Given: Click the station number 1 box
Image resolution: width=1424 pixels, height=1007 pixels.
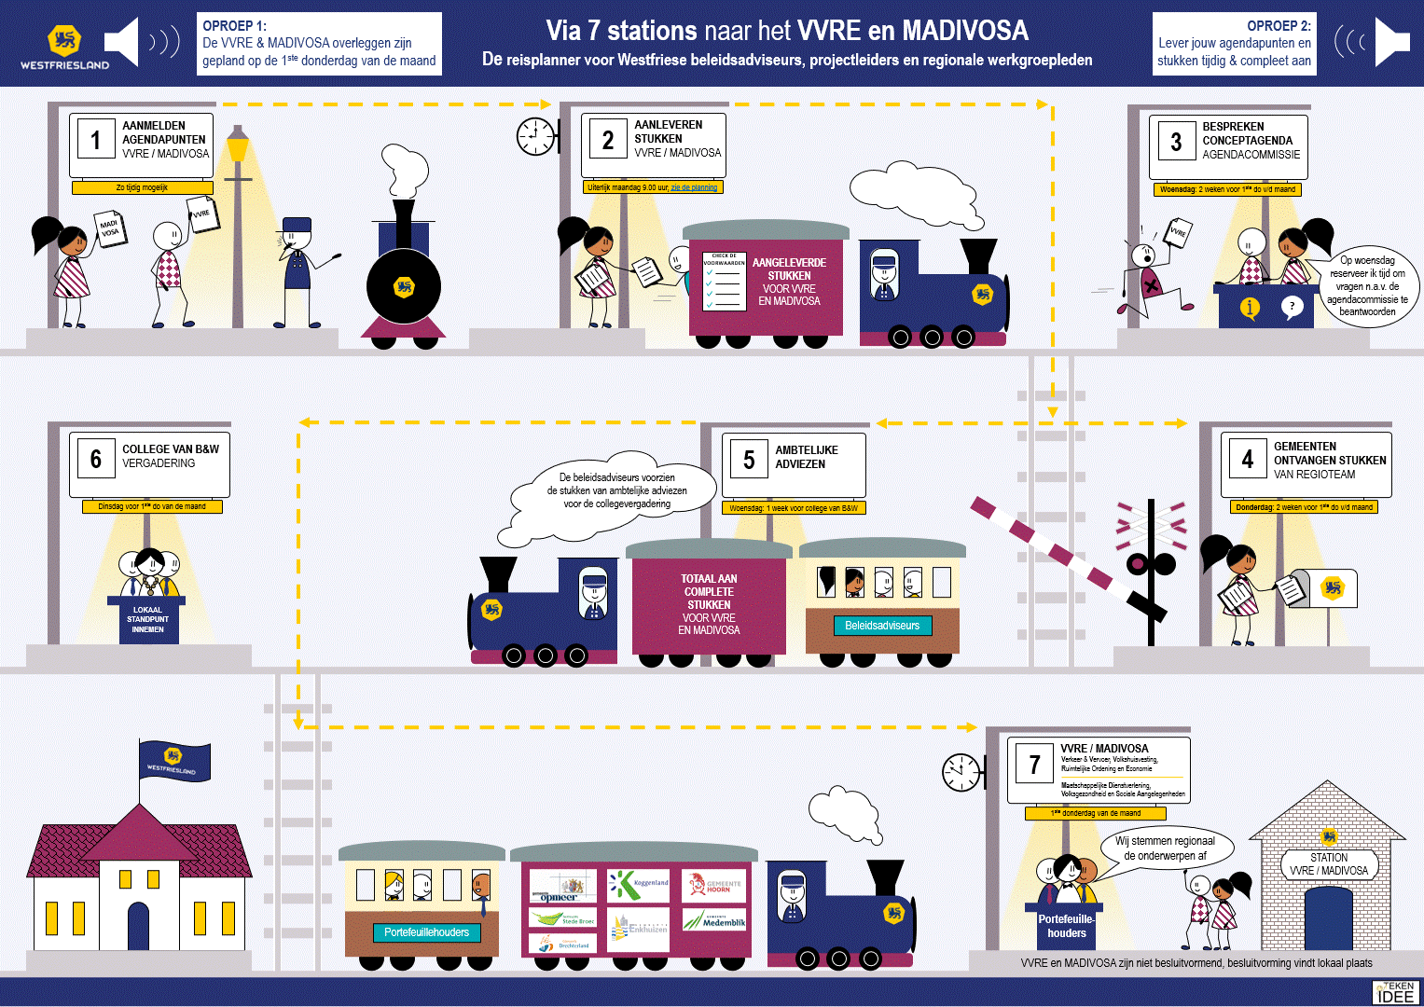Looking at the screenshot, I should click(95, 140).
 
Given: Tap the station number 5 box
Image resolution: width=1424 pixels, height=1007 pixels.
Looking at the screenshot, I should click(749, 460).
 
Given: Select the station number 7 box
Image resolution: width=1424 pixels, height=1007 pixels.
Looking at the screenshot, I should click(1034, 765).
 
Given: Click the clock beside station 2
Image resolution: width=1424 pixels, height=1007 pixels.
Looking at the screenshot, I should click(535, 136).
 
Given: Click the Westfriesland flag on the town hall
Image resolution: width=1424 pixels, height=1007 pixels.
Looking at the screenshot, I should click(174, 761).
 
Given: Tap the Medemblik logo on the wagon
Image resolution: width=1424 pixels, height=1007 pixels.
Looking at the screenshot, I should click(715, 920).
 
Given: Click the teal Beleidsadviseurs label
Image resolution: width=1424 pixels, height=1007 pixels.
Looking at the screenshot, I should click(882, 626).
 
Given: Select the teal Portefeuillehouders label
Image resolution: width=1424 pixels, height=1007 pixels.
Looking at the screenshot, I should click(426, 932).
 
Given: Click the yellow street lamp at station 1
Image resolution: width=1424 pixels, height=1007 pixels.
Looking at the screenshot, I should click(239, 147).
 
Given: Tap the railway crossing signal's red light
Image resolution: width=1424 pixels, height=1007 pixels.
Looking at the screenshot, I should click(1136, 564).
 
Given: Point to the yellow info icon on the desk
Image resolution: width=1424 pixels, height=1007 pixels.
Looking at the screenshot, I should click(1250, 308).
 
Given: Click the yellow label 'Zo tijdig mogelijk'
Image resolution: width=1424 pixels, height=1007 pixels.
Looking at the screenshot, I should click(142, 187).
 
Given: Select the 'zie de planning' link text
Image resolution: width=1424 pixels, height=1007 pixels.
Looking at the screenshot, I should click(694, 187).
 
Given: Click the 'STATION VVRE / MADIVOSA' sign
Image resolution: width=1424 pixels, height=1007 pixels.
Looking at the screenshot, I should click(1329, 864).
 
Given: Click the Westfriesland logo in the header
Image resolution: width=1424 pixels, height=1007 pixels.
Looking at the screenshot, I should click(65, 47).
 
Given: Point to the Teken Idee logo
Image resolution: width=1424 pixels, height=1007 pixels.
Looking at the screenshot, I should click(1396, 991).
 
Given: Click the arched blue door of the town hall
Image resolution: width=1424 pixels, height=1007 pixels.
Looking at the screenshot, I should click(138, 926).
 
